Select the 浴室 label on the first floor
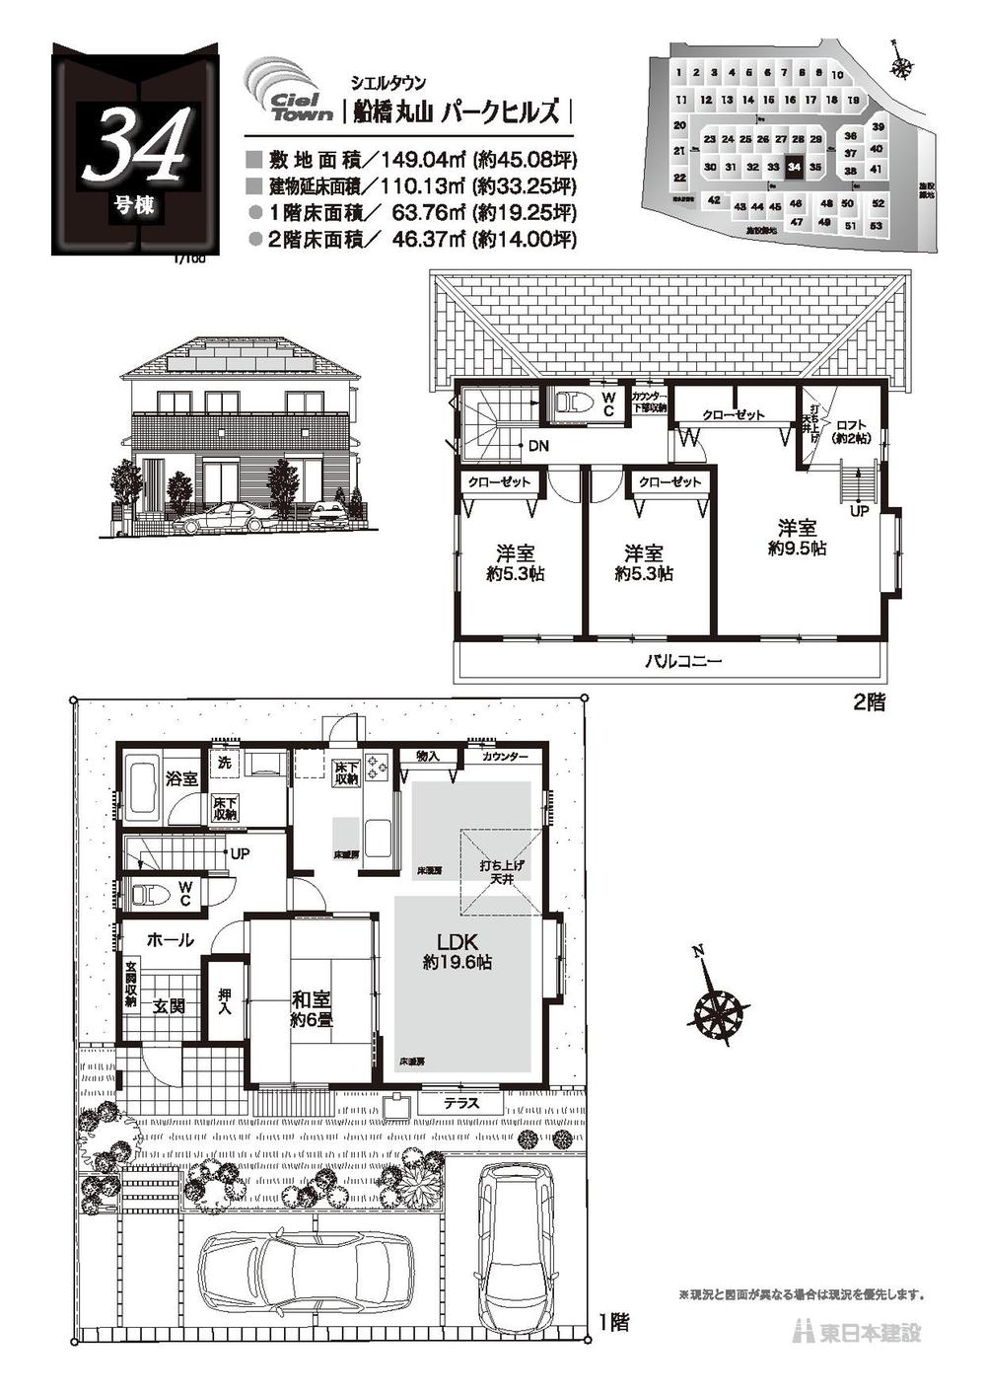click(181, 778)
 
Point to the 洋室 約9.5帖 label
click(797, 538)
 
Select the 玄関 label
click(170, 1006)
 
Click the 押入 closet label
click(224, 1003)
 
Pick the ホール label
click(171, 941)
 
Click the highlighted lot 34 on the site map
click(795, 168)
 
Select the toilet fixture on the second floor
click(573, 404)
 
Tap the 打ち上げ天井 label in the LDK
click(502, 871)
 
